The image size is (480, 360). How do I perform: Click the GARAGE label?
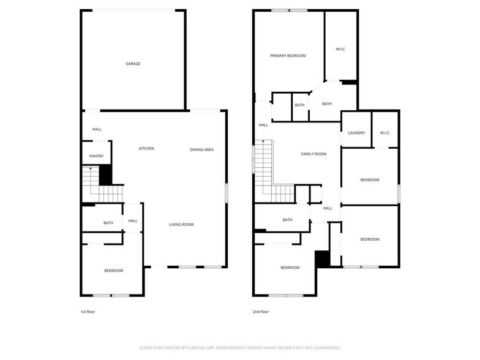tap(133, 64)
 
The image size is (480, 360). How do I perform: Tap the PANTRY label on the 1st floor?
tap(96, 156)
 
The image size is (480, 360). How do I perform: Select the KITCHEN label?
tap(146, 149)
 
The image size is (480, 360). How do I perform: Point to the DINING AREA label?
tap(201, 149)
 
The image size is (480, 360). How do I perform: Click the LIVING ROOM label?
tap(181, 225)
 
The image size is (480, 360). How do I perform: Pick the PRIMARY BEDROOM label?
tap(288, 56)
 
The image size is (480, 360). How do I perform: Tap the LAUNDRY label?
tap(356, 133)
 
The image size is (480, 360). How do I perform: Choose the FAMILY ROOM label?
tap(313, 154)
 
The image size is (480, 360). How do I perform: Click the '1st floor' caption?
tap(88, 312)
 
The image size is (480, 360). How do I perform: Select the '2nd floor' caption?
tap(261, 312)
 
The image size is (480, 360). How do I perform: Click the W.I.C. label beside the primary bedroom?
tap(341, 49)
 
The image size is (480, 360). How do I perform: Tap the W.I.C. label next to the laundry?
tap(385, 133)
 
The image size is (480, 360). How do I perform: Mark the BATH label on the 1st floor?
tap(108, 223)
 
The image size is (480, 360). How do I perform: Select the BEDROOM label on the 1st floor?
tap(113, 271)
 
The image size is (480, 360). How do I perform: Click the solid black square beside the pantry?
tap(105, 176)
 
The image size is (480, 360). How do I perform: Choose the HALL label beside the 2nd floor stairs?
tap(263, 125)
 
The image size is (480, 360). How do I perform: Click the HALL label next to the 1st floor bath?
tap(133, 221)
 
